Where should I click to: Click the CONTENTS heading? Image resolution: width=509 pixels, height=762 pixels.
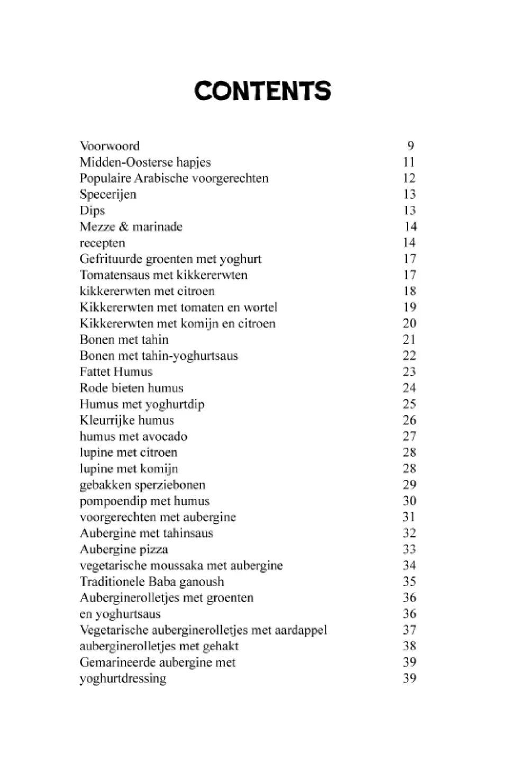click(262, 91)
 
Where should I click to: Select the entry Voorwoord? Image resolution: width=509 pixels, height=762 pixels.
click(110, 146)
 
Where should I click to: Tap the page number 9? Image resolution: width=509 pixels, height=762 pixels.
click(410, 146)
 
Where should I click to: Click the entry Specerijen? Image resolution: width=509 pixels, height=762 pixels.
click(108, 194)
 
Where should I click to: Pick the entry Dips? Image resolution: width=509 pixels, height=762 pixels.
click(92, 211)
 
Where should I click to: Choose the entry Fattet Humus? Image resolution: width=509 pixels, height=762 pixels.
click(116, 371)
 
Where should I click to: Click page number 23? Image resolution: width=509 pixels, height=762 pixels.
click(409, 371)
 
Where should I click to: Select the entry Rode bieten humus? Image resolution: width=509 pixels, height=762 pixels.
click(131, 388)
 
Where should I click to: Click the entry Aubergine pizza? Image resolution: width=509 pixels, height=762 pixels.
click(123, 549)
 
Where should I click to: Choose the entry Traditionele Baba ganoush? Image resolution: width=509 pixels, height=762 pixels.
click(152, 582)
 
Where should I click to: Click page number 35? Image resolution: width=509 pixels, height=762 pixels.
click(409, 582)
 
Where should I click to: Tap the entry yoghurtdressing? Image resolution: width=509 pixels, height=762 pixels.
click(123, 678)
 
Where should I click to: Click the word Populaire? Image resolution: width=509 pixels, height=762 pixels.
click(105, 178)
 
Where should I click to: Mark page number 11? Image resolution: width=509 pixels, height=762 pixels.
click(409, 162)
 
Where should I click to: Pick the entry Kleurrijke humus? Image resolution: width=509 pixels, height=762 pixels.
click(126, 420)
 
